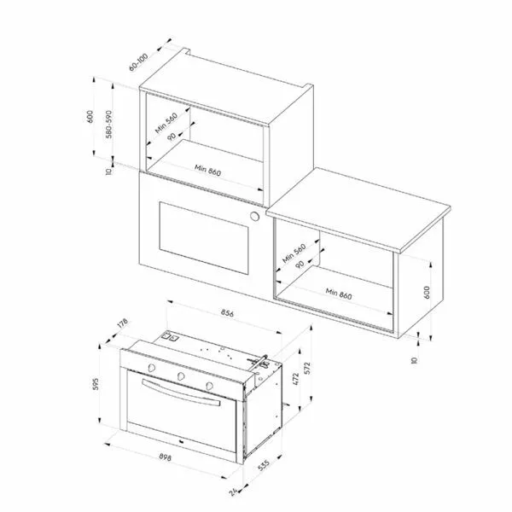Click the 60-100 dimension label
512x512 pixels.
(138, 61)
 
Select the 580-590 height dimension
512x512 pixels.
(108, 125)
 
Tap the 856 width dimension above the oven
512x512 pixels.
(227, 313)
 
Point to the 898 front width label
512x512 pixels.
(166, 457)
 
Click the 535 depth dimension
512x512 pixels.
(264, 465)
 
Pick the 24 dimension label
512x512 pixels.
(234, 492)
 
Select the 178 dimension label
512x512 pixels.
(122, 323)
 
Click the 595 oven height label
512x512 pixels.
(96, 384)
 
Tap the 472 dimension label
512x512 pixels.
(296, 379)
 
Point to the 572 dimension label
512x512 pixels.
(307, 368)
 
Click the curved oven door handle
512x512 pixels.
(181, 393)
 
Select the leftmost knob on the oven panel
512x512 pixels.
(152, 368)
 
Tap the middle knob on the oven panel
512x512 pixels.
(181, 376)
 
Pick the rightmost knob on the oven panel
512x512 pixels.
(210, 386)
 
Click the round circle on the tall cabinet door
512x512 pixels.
(254, 216)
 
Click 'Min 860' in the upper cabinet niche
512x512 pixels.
(207, 170)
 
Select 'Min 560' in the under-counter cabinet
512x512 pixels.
(294, 253)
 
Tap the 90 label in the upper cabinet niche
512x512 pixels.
(172, 137)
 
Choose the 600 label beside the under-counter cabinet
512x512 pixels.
(427, 292)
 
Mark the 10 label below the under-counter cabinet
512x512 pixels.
(414, 360)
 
